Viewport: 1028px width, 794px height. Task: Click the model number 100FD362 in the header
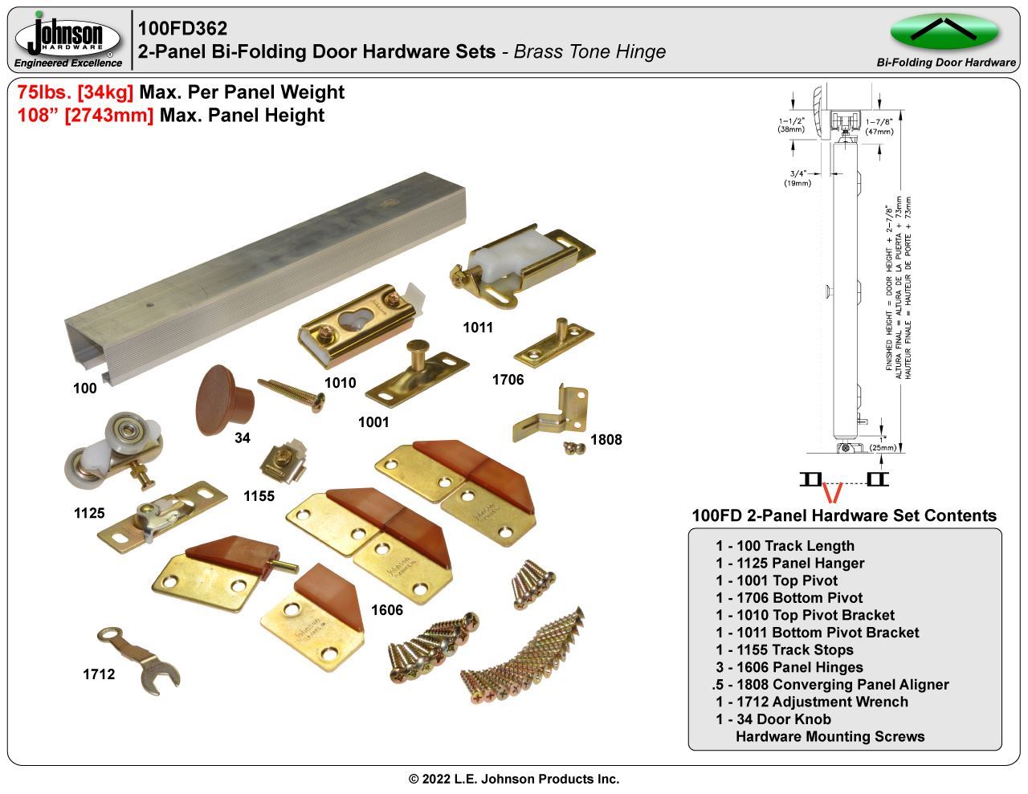(182, 28)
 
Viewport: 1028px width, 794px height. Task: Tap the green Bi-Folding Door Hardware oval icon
(944, 32)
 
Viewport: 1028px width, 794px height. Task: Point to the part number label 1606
(386, 610)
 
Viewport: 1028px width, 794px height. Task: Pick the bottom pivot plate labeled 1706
(554, 340)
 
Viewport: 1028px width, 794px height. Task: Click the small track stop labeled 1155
(283, 463)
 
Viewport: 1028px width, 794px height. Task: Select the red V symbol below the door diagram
(833, 493)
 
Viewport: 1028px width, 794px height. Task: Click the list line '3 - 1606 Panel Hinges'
(789, 667)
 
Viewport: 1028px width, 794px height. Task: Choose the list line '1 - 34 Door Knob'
(773, 719)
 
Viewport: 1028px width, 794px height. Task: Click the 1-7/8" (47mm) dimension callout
(879, 126)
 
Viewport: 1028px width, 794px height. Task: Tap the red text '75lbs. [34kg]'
(75, 92)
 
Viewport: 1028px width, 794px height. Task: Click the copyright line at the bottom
(514, 779)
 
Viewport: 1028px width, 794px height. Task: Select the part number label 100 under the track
(84, 389)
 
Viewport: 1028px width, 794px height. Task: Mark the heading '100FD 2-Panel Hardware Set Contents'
(843, 515)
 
